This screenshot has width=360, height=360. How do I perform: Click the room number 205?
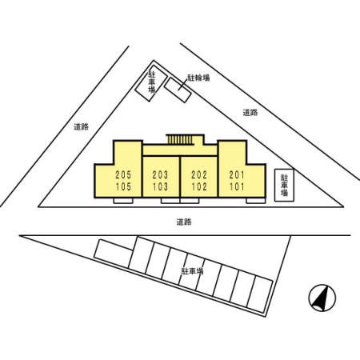click(x=123, y=175)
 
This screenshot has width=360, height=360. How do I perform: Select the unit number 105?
click(x=123, y=186)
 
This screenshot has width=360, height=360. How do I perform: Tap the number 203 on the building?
click(x=160, y=175)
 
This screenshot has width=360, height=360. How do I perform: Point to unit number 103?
click(x=160, y=186)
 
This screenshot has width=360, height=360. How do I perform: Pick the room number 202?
click(x=199, y=175)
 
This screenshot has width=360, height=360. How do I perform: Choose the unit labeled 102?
click(x=199, y=186)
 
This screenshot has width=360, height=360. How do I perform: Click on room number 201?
click(x=237, y=175)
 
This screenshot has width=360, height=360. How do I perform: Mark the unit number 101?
click(x=237, y=186)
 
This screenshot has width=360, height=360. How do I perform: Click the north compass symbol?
click(x=322, y=298)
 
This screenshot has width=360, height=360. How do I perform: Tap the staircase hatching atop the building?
click(x=179, y=139)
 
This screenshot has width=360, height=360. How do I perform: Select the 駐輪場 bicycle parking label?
click(x=198, y=78)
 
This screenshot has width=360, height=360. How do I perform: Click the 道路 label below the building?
click(x=184, y=222)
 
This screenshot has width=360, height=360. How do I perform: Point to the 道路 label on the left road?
click(x=81, y=126)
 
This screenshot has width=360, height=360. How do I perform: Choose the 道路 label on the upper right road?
click(x=250, y=113)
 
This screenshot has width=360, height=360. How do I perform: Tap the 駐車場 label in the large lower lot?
click(x=192, y=271)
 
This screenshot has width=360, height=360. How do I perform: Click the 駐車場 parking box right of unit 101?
click(x=284, y=185)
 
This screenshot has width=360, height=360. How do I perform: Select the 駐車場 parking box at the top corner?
click(x=151, y=83)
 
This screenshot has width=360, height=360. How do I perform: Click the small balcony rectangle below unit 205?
click(x=123, y=201)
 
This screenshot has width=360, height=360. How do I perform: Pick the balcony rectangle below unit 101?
click(x=255, y=201)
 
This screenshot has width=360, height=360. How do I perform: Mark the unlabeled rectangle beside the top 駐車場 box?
click(x=178, y=90)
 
